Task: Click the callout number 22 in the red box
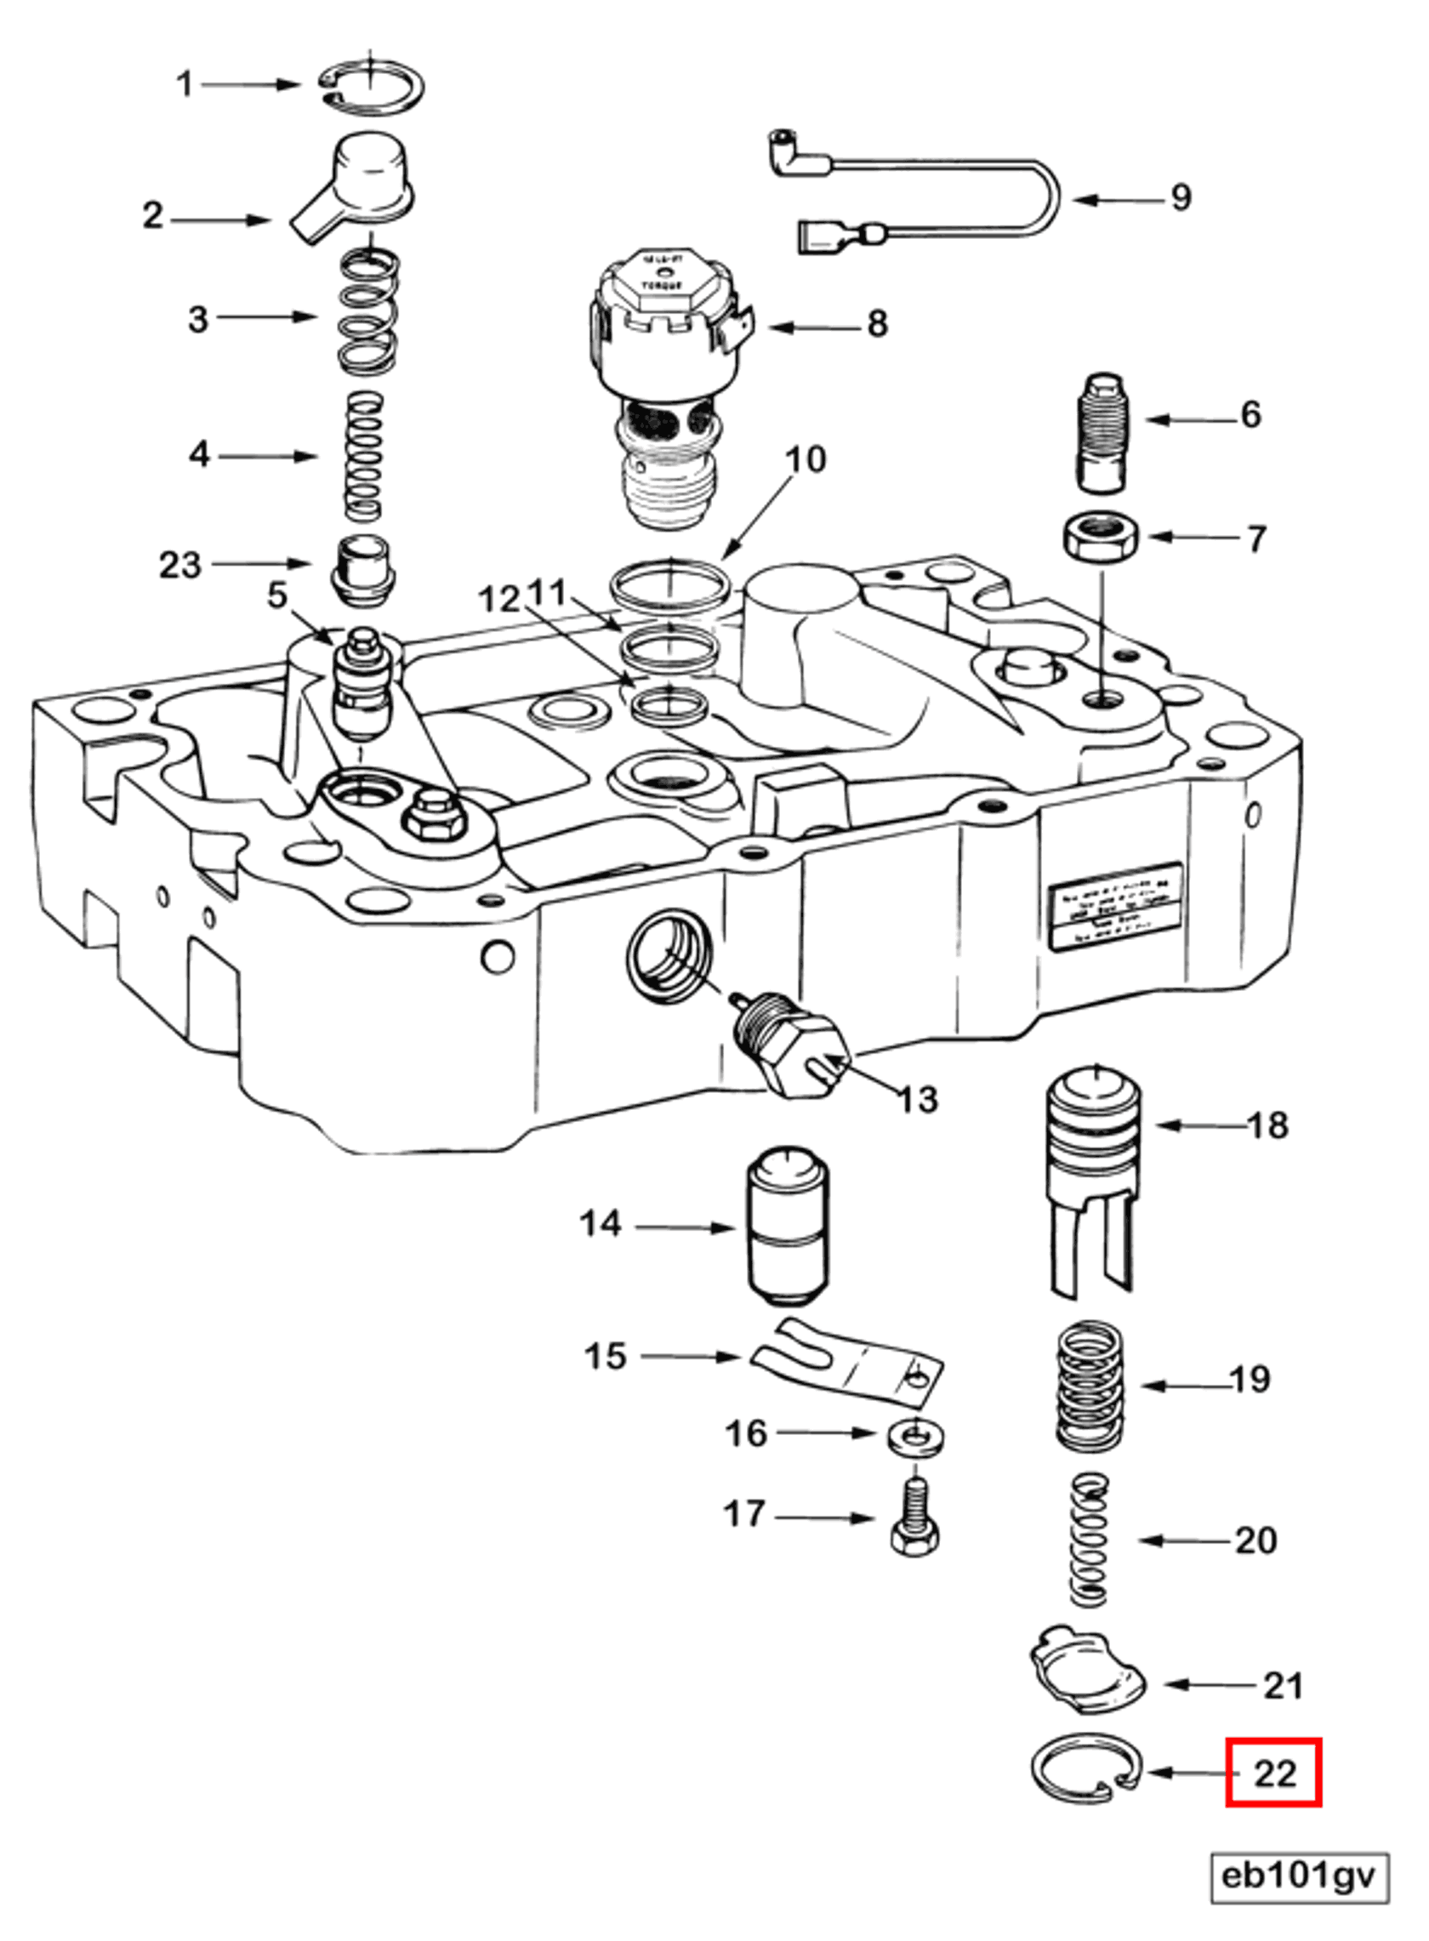(1273, 1773)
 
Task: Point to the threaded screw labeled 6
(1104, 433)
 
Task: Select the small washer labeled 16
(914, 1435)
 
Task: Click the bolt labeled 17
(914, 1527)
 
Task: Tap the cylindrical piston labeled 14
(787, 1229)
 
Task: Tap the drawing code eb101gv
(1298, 1876)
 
